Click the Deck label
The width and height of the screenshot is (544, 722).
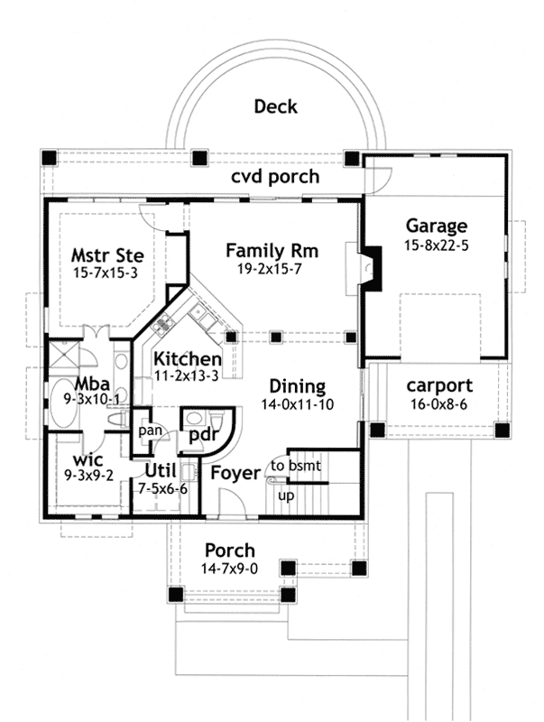(x=276, y=106)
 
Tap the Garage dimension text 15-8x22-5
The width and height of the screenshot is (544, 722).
(x=437, y=245)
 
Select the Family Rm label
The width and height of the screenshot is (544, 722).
(x=272, y=251)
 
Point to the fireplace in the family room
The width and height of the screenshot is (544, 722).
(x=371, y=268)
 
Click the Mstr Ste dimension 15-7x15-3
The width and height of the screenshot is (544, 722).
(x=106, y=273)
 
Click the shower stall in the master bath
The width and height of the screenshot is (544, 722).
(x=63, y=354)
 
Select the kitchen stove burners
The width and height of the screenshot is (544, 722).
(x=162, y=323)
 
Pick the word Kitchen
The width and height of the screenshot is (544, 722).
(x=188, y=358)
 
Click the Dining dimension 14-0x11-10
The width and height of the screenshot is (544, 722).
(x=298, y=404)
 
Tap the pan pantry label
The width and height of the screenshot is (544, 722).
(x=150, y=431)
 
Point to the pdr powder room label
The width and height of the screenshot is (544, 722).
(x=203, y=436)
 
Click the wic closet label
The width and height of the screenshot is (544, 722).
(x=88, y=460)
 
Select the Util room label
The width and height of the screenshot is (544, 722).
(x=161, y=470)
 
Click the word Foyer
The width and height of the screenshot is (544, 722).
(x=235, y=473)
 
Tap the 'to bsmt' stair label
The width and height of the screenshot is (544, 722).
(x=296, y=466)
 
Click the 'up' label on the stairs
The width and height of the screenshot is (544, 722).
(x=286, y=496)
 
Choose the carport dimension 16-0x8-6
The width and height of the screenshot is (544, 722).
(x=439, y=404)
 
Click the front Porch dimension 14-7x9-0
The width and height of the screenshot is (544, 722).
(x=229, y=569)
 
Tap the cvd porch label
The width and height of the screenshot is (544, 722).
(x=275, y=176)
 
